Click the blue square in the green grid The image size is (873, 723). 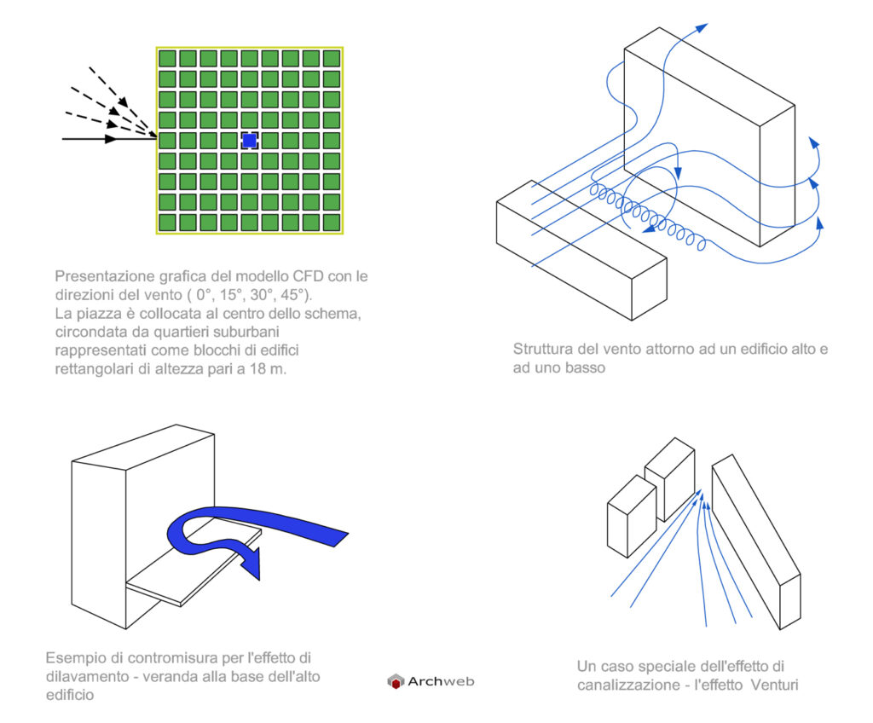pyautogui.click(x=250, y=141)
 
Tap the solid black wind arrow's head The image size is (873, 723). pyautogui.click(x=112, y=139)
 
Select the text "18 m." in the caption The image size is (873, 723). pyautogui.click(x=268, y=368)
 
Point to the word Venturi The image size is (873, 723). pyautogui.click(x=774, y=685)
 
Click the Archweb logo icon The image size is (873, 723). pyautogui.click(x=396, y=681)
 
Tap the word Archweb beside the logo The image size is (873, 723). pyautogui.click(x=441, y=681)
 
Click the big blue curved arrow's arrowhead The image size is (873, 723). pyautogui.click(x=251, y=564)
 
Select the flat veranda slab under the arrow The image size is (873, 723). pyautogui.click(x=194, y=563)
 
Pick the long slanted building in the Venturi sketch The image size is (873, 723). pyautogui.click(x=757, y=542)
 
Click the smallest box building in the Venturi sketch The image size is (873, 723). pyautogui.click(x=632, y=517)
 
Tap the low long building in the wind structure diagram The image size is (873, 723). pyautogui.click(x=581, y=250)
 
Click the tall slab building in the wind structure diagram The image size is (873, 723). pyautogui.click(x=709, y=136)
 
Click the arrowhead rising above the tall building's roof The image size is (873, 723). pyautogui.click(x=701, y=28)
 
